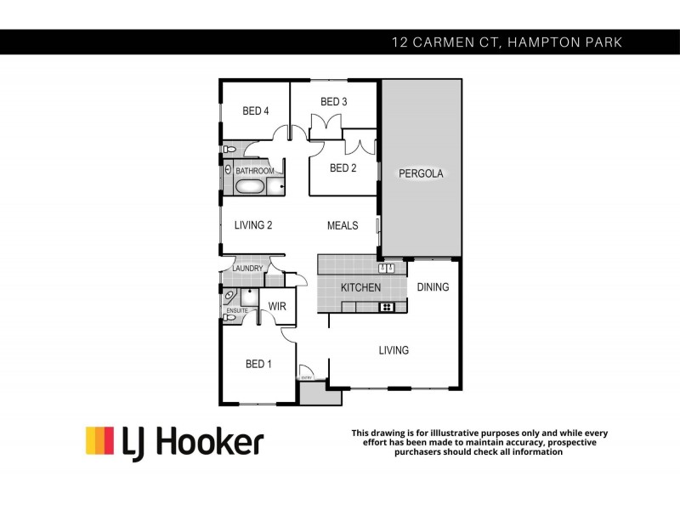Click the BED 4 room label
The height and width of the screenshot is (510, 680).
click(255, 110)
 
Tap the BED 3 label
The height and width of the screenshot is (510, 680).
click(333, 102)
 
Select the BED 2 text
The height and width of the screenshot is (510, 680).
click(343, 167)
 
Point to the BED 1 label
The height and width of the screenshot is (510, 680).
click(258, 364)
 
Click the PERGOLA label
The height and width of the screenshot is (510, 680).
click(422, 173)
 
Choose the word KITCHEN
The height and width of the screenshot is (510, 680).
click(360, 287)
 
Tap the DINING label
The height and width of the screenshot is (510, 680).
click(433, 287)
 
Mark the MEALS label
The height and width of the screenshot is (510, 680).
click(343, 225)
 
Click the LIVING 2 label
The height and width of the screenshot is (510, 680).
click(253, 225)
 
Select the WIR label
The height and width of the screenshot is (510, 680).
click(277, 306)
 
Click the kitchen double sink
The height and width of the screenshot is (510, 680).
click(389, 269)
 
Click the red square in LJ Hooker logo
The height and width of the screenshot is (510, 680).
click(94, 440)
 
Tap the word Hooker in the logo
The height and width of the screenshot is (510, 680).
click(216, 442)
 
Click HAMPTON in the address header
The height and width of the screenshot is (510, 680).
click(541, 41)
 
